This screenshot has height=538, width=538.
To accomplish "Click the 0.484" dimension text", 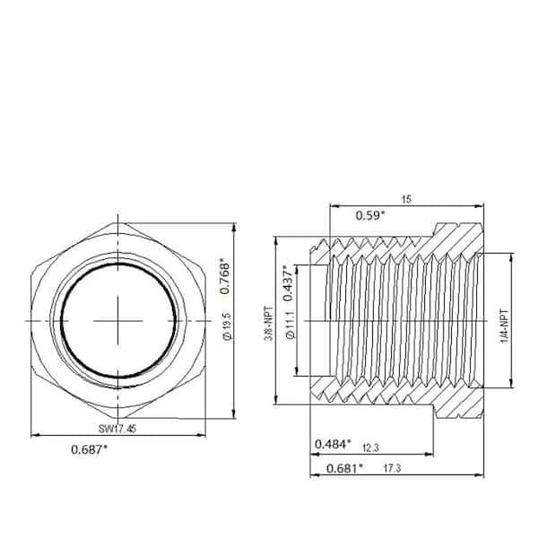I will pyautogui.click(x=335, y=444).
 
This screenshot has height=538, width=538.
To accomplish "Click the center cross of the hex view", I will pyautogui.click(x=117, y=320).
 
